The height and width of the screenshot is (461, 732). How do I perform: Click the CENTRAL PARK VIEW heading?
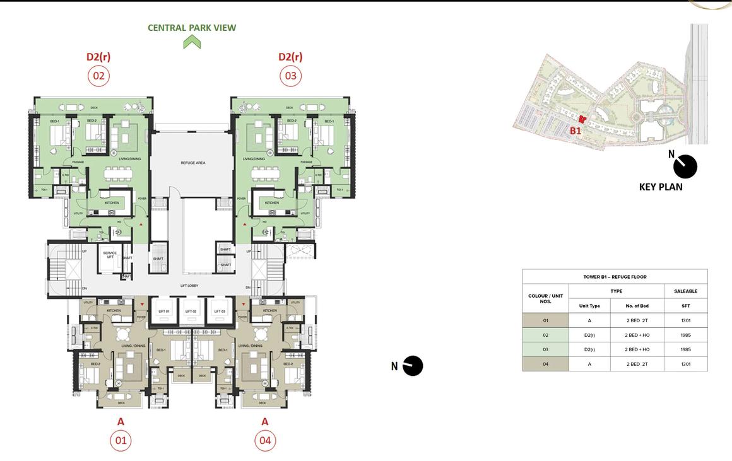click(192, 28)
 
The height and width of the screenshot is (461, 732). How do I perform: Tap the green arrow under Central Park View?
click(192, 42)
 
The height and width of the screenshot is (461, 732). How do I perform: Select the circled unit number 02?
click(98, 76)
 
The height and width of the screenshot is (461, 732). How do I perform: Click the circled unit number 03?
click(290, 76)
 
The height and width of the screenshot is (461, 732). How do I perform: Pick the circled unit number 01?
click(121, 440)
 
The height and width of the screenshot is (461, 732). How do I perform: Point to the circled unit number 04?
click(265, 440)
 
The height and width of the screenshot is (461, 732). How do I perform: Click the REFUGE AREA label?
click(192, 163)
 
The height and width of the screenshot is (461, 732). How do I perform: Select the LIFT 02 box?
click(191, 312)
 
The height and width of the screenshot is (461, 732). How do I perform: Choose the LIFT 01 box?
click(163, 312)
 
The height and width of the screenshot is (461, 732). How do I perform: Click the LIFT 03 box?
click(219, 312)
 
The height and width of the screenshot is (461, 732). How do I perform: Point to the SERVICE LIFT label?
click(109, 255)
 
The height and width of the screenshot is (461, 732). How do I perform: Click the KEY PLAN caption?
click(661, 187)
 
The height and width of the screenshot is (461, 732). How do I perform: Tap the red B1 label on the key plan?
click(575, 131)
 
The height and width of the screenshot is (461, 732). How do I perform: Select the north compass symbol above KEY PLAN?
click(685, 166)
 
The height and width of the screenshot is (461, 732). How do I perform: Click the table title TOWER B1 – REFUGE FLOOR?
click(615, 277)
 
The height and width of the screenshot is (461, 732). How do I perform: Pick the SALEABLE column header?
click(685, 291)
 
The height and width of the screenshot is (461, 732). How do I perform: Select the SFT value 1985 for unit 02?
click(685, 335)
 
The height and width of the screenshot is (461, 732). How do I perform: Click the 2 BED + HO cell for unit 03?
click(637, 349)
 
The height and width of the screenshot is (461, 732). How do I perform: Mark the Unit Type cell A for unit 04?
click(589, 364)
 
